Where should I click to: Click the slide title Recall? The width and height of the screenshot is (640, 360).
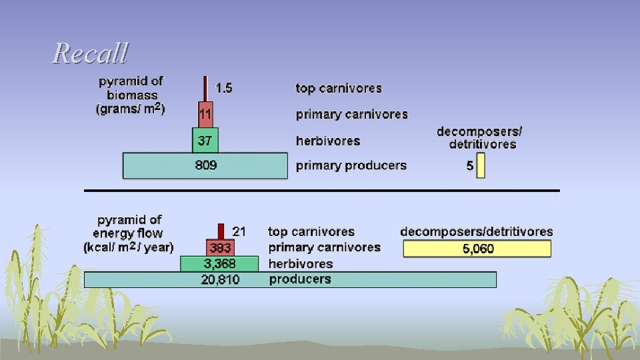coord(90,53)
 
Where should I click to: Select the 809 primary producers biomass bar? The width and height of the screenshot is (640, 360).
coord(205,165)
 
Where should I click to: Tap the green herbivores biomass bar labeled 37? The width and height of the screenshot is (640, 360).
coord(205,141)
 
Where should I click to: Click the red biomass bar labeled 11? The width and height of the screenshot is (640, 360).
coord(205,114)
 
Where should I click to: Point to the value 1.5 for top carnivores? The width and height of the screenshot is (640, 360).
coord(224,88)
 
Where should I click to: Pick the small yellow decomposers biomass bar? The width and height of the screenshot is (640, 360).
coord(481,166)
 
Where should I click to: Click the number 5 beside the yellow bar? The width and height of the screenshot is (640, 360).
coord(470,166)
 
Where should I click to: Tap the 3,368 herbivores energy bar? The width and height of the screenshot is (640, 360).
coord(219,264)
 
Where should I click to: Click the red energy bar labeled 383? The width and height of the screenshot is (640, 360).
coord(221,248)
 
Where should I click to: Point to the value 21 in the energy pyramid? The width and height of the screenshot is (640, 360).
coord(239,231)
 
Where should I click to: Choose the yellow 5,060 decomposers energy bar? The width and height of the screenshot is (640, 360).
coord(477,249)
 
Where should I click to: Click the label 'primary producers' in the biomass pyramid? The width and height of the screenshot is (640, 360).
coord(351,165)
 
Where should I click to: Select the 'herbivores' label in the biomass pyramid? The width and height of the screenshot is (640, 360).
coord(328,141)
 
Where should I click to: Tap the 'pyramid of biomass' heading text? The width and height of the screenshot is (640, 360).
coord(131,94)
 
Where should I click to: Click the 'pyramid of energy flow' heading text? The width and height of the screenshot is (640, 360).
coord(128,233)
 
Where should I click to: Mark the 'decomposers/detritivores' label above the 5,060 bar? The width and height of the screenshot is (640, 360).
coord(476,231)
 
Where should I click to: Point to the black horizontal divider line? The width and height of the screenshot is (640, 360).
coord(320,191)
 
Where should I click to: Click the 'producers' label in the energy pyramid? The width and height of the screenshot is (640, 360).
coord(299,279)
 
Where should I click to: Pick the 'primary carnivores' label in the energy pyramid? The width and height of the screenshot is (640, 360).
coord(324,247)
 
